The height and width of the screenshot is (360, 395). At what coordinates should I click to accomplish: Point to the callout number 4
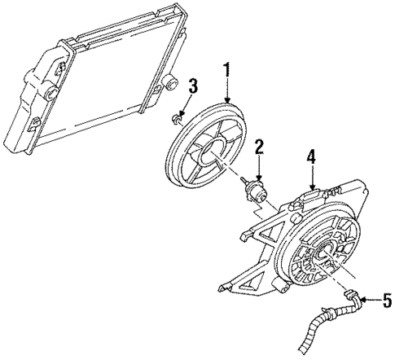click(x=310, y=156)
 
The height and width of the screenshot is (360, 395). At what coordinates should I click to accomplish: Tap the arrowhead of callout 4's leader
click(x=310, y=188)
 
